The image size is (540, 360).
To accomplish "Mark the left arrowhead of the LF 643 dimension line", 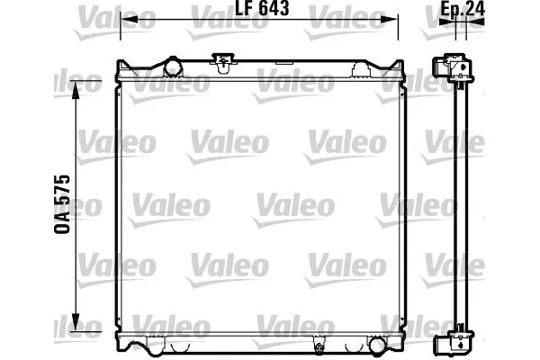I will point(127,20).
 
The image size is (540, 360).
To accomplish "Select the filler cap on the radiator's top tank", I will point(220,61).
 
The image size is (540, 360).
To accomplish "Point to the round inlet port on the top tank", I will point(171,66).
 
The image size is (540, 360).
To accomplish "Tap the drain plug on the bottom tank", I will point(318,345).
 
